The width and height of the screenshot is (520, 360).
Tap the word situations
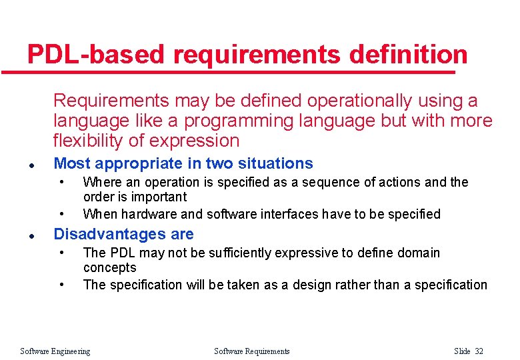click(273, 163)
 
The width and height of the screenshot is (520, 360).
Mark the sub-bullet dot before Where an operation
click(61, 181)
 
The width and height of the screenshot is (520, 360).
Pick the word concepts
click(109, 267)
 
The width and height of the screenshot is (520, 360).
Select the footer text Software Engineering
click(55, 351)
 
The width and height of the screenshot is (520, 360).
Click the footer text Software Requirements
click(252, 351)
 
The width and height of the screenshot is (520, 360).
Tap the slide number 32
click(478, 351)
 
